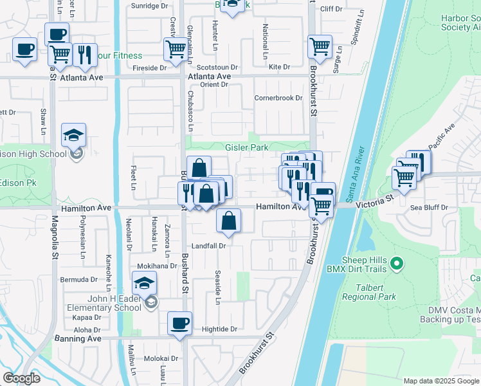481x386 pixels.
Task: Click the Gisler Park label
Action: click(x=246, y=147)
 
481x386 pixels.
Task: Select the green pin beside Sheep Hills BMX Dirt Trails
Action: click(x=397, y=262)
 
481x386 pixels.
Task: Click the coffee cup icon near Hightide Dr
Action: click(x=179, y=323)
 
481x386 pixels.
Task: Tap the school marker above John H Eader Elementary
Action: click(x=144, y=282)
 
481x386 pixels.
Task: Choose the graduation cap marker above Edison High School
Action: click(x=73, y=136)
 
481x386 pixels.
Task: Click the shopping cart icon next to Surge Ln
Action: click(x=320, y=47)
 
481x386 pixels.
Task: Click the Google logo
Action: click(x=22, y=378)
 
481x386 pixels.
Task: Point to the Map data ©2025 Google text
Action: click(x=440, y=381)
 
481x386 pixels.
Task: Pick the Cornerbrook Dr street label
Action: click(x=278, y=98)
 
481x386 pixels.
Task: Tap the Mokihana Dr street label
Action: click(x=156, y=266)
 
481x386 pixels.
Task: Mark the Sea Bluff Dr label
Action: click(x=429, y=208)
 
